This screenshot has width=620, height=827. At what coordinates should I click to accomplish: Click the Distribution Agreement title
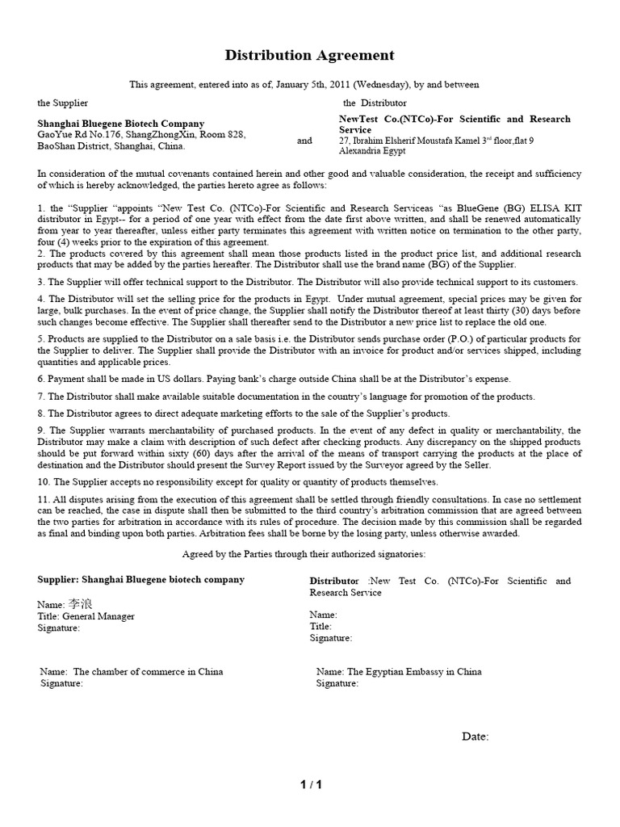coord(309,56)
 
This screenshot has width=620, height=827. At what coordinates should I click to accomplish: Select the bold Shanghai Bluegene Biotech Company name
coord(121,124)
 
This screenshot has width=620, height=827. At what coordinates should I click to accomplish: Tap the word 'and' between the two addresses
coord(304,141)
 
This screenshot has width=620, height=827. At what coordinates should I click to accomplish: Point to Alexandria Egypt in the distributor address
coord(372,151)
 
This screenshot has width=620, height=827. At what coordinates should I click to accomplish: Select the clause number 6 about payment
coord(41,379)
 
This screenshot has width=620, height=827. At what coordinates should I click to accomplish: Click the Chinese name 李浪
coord(79,604)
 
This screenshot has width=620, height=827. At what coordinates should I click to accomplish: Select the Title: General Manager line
coord(86,616)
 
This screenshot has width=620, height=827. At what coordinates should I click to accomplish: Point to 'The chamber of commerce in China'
coord(148,671)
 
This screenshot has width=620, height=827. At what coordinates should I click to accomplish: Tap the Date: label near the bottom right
coord(475,737)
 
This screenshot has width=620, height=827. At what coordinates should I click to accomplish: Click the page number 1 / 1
coord(310,784)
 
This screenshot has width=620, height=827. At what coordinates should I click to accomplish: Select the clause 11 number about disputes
coord(44,500)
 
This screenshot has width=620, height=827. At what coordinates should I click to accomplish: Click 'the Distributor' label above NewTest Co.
coord(375,103)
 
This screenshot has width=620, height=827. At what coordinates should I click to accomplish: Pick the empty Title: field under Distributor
coord(321,626)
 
